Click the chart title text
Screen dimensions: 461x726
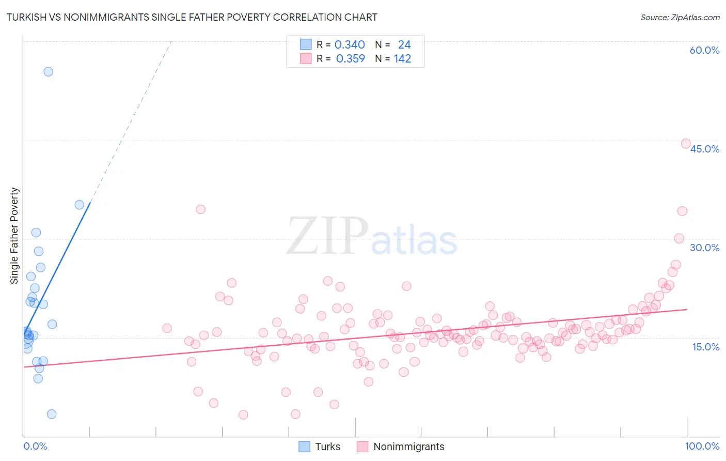pos(192,17)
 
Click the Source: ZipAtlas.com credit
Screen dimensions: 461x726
pos(680,17)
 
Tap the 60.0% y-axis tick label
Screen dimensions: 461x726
pos(704,50)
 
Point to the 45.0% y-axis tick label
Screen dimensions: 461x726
pos(704,149)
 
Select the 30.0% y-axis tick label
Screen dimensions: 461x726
pos(704,248)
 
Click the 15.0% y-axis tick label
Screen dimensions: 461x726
pos(705,347)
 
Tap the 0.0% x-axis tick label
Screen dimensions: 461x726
pos(35,446)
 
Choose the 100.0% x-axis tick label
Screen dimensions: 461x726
pos(702,446)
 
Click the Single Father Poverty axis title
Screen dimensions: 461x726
pos(14,235)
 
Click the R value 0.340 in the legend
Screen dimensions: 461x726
pos(350,45)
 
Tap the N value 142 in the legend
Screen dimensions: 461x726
pos(402,59)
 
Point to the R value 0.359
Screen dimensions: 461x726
pos(350,59)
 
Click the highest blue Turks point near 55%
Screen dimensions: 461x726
pos(48,72)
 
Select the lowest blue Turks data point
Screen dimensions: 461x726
pos(52,414)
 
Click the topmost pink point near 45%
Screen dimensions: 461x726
pos(686,144)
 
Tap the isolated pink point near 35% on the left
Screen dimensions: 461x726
pos(201,209)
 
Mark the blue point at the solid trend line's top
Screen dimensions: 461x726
pos(80,205)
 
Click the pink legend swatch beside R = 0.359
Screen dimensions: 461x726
pos(306,59)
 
